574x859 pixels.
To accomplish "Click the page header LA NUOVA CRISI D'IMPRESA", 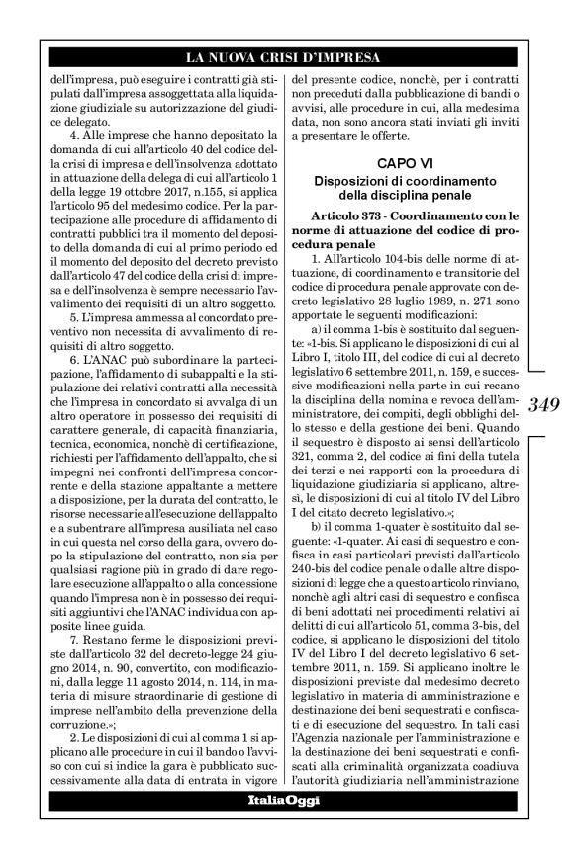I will (x=287, y=56).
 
